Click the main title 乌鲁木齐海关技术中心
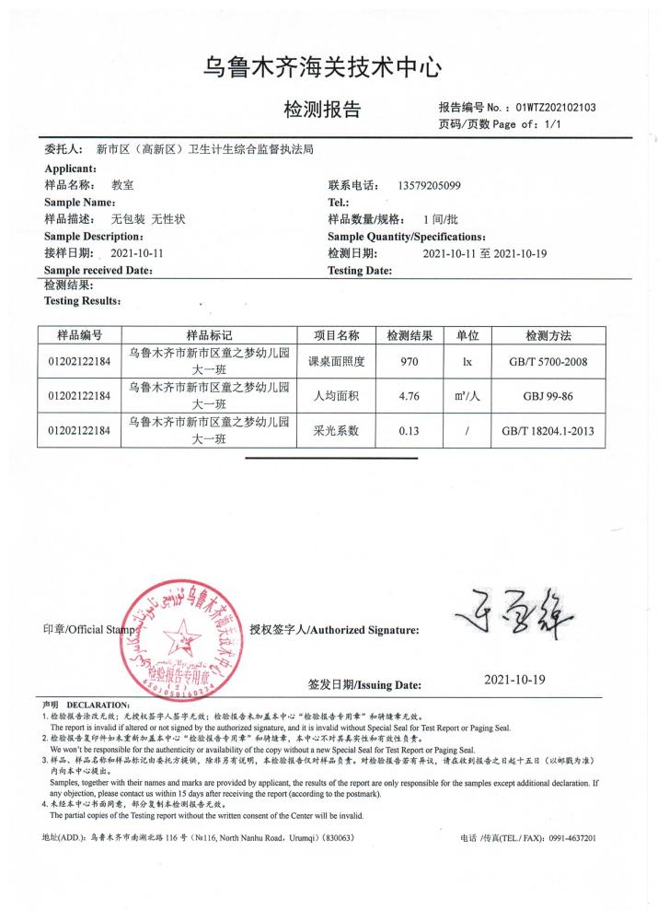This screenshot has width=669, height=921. [x=324, y=66]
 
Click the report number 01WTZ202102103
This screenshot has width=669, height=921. [x=557, y=107]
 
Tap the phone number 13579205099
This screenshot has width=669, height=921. [x=430, y=185]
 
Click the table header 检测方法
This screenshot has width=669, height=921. [x=549, y=335]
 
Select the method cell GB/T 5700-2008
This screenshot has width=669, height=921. [x=549, y=362]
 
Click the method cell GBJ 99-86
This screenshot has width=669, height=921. [x=549, y=396]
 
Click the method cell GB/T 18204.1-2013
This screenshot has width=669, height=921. [x=549, y=430]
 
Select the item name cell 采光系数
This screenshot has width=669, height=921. [x=335, y=430]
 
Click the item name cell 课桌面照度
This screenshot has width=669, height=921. [x=335, y=362]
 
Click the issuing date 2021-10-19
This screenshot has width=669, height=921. [x=515, y=680]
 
